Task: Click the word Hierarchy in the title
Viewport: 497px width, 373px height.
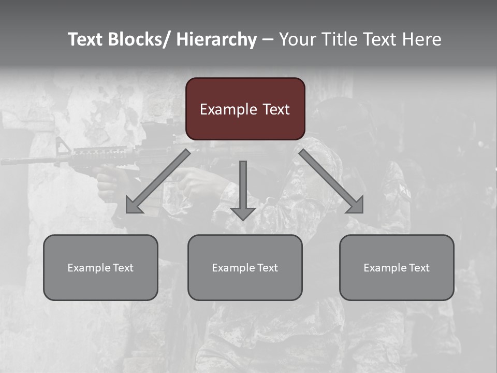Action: tap(216, 39)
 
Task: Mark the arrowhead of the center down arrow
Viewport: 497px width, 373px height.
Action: tap(243, 213)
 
